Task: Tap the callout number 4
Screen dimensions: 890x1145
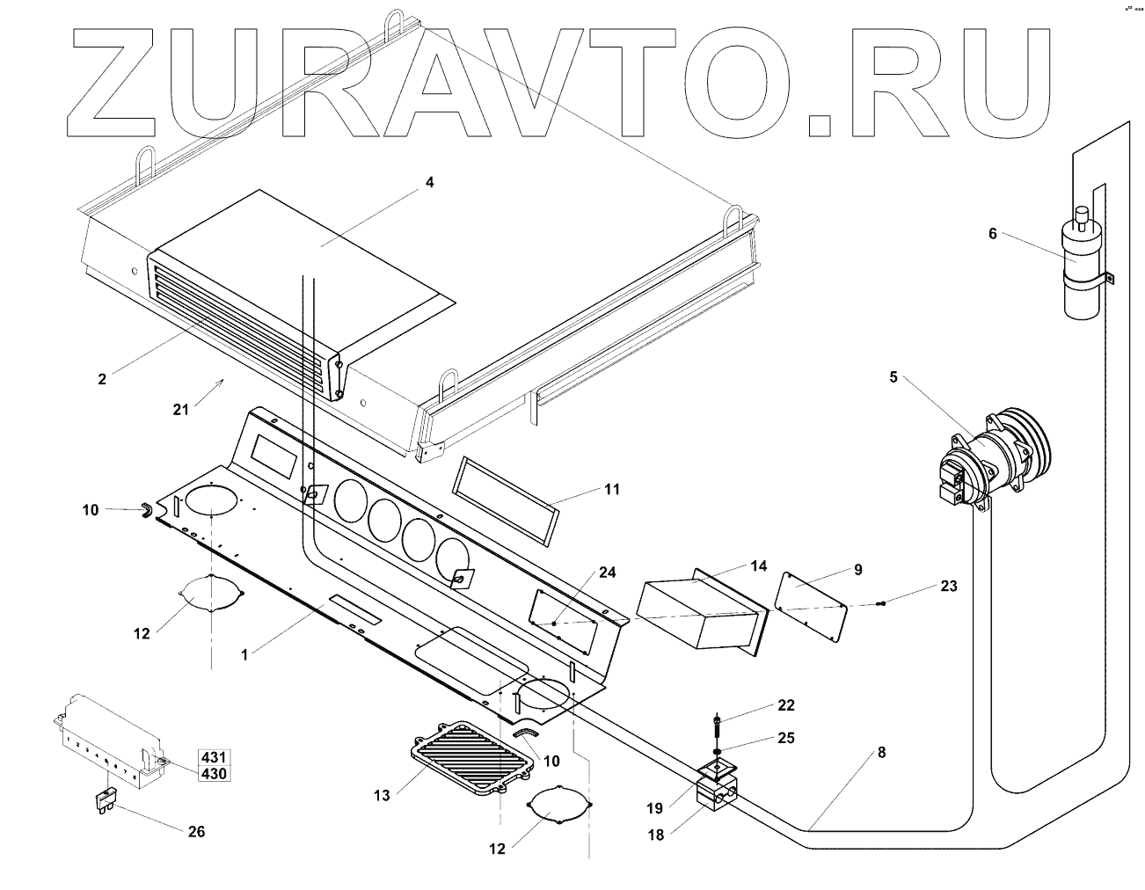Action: (x=429, y=183)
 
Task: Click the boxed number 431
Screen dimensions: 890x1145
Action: (x=214, y=757)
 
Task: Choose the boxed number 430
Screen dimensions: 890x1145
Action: (x=214, y=773)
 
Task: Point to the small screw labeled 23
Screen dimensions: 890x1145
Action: (x=881, y=602)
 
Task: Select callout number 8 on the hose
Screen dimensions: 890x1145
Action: (x=881, y=753)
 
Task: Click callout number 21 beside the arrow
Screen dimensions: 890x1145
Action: (x=181, y=409)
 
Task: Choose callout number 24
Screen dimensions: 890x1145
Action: (x=606, y=573)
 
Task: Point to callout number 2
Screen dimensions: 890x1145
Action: (x=102, y=379)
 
